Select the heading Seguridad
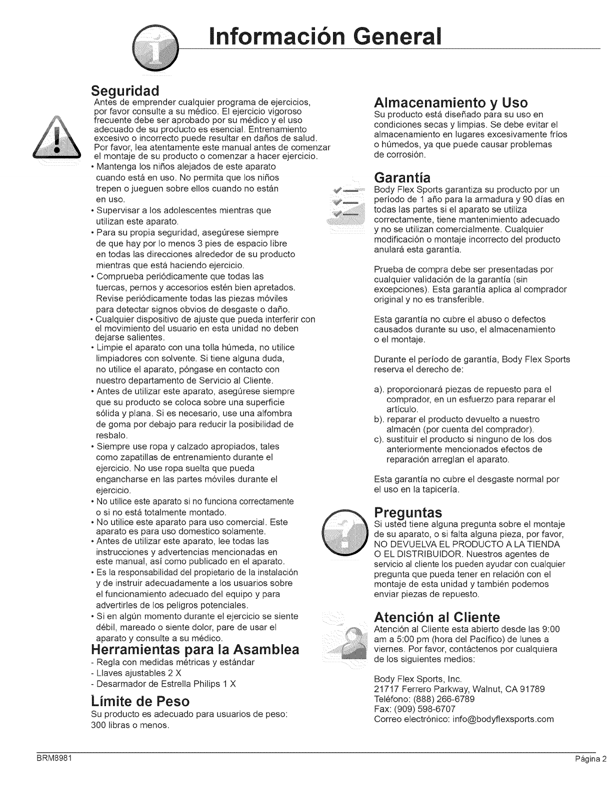click(x=125, y=91)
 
